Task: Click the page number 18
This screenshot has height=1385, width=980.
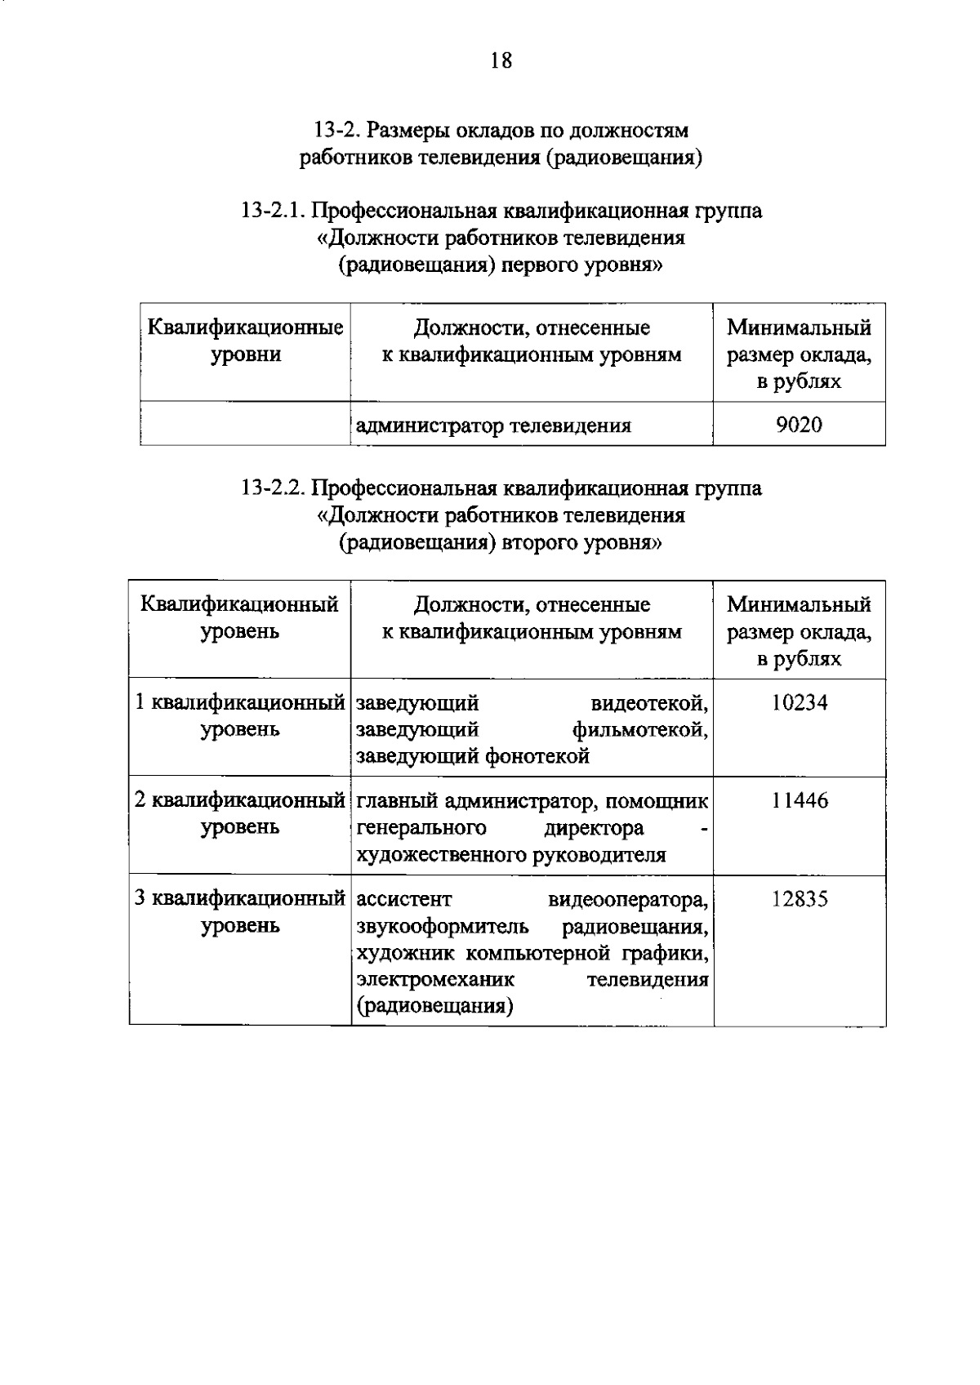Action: pyautogui.click(x=501, y=60)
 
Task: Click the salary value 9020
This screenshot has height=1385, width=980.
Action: pyautogui.click(x=799, y=425)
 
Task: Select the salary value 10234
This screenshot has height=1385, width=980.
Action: pyautogui.click(x=800, y=702)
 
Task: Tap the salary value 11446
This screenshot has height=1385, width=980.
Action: pyautogui.click(x=800, y=800)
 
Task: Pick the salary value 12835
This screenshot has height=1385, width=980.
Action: pyautogui.click(x=800, y=899)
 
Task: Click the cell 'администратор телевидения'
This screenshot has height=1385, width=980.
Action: pyautogui.click(x=494, y=425)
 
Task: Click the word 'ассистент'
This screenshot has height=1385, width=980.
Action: pyautogui.click(x=404, y=900)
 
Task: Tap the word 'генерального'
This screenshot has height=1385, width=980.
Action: pyautogui.click(x=421, y=828)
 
